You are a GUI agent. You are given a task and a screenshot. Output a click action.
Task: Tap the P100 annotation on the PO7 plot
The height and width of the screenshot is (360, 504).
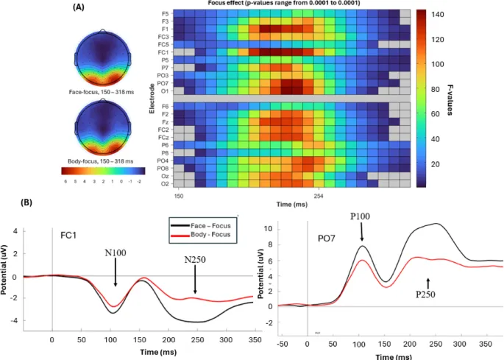(x=361, y=218)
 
